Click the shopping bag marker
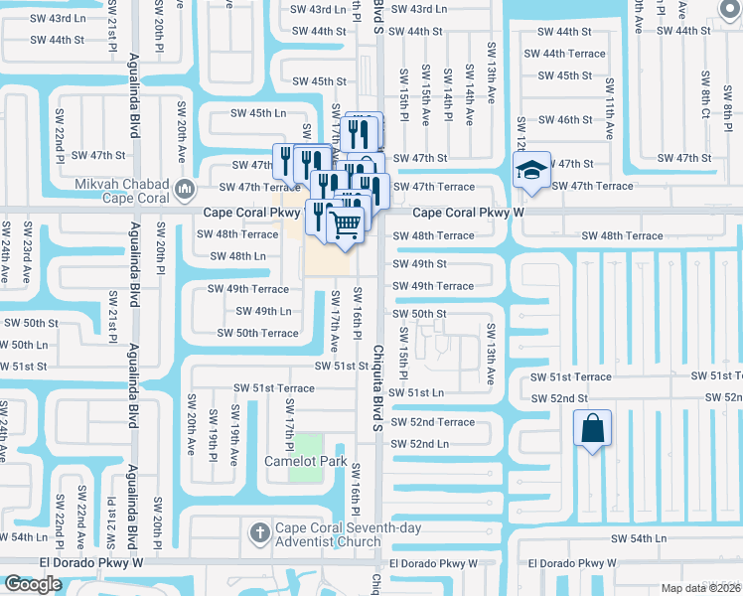coord(592,429)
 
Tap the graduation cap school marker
coord(531,169)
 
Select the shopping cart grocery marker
coord(346,223)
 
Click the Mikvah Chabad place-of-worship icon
coord(184,188)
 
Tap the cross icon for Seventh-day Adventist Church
coord(261,532)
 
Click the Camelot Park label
coord(305,462)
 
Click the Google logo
coord(33,584)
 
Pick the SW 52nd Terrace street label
coord(433,422)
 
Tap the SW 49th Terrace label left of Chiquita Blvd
coord(248,289)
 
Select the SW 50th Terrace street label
coord(257,333)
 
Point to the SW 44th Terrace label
coord(564,54)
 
